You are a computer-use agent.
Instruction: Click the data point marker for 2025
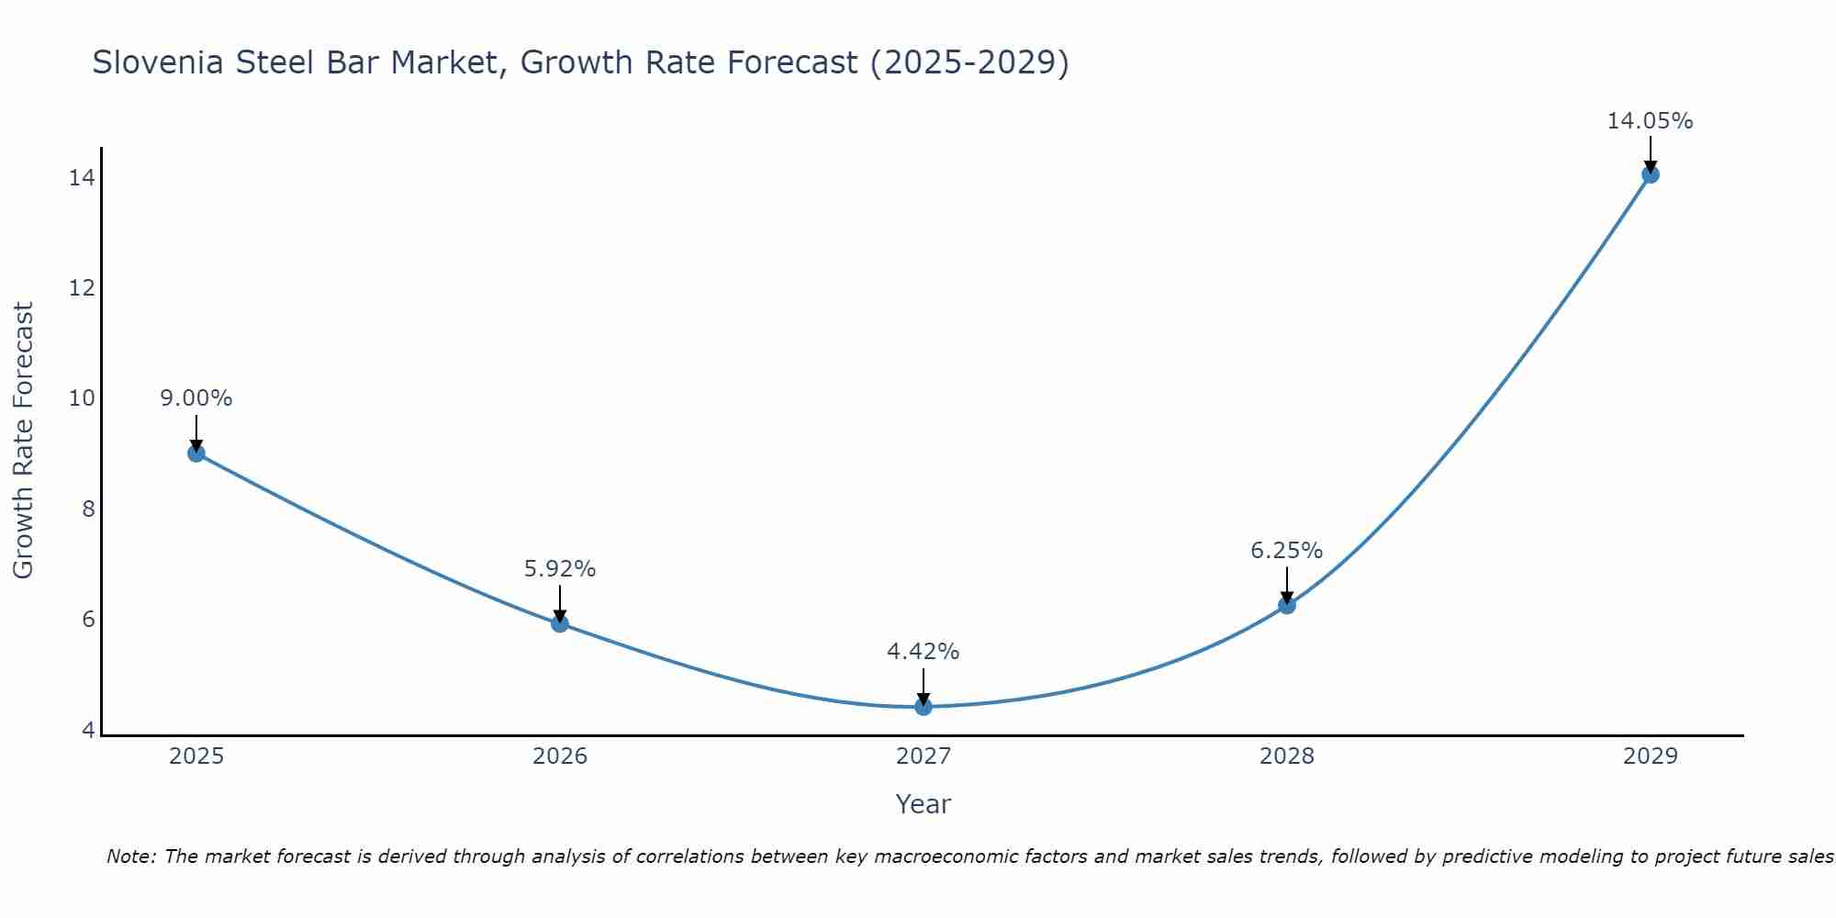point(196,453)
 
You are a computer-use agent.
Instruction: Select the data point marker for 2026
point(560,623)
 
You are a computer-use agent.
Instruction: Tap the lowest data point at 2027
point(924,706)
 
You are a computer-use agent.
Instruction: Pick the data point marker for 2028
point(1287,605)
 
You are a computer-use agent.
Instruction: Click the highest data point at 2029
point(1651,174)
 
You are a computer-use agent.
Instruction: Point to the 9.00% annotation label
point(196,398)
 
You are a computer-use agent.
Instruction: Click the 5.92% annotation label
point(560,569)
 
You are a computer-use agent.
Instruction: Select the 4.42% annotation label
point(924,652)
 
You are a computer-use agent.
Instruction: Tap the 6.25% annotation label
point(1287,551)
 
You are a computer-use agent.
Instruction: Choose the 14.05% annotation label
point(1651,121)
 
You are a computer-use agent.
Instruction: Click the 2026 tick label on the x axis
point(560,756)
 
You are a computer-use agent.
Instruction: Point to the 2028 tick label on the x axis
point(1287,756)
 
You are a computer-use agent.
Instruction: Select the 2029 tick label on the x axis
point(1651,756)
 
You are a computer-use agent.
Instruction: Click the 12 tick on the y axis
point(82,288)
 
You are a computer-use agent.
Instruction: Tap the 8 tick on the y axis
point(88,509)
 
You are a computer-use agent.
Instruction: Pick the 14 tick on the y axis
point(82,178)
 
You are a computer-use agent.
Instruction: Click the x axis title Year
point(924,804)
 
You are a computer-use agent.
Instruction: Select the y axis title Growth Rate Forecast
point(23,441)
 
